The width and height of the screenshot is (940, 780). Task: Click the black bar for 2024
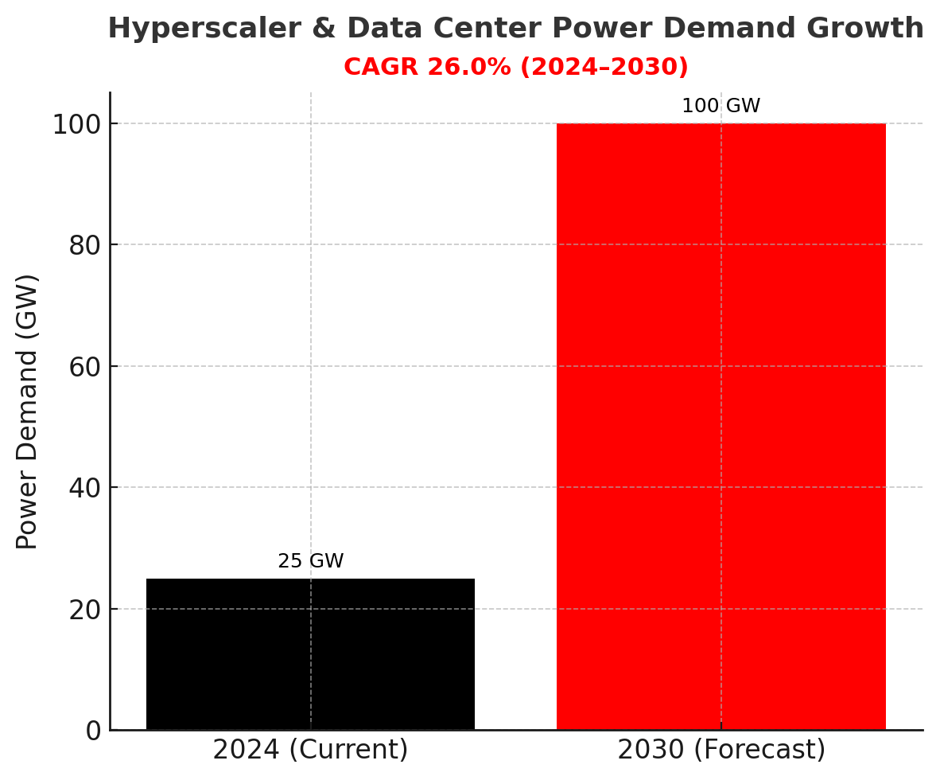(x=310, y=653)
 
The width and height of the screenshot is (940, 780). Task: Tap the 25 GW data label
(x=310, y=562)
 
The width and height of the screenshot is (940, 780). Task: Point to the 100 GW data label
(x=721, y=107)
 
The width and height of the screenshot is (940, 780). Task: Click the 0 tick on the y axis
(x=93, y=731)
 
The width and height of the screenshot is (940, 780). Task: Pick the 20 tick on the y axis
(x=85, y=610)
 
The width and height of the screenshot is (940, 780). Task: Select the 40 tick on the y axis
(x=85, y=488)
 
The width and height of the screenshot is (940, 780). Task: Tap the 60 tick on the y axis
(x=85, y=367)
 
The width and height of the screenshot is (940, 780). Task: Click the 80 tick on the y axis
(x=85, y=245)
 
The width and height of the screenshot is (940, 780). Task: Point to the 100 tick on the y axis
(x=77, y=125)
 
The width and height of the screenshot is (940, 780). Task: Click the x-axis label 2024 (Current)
(x=310, y=751)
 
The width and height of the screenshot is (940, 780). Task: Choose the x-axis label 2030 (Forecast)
(x=721, y=751)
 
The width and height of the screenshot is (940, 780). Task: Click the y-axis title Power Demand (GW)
(x=28, y=411)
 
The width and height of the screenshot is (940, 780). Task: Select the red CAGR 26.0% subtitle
(x=515, y=68)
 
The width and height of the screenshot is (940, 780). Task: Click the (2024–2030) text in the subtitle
(x=604, y=68)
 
